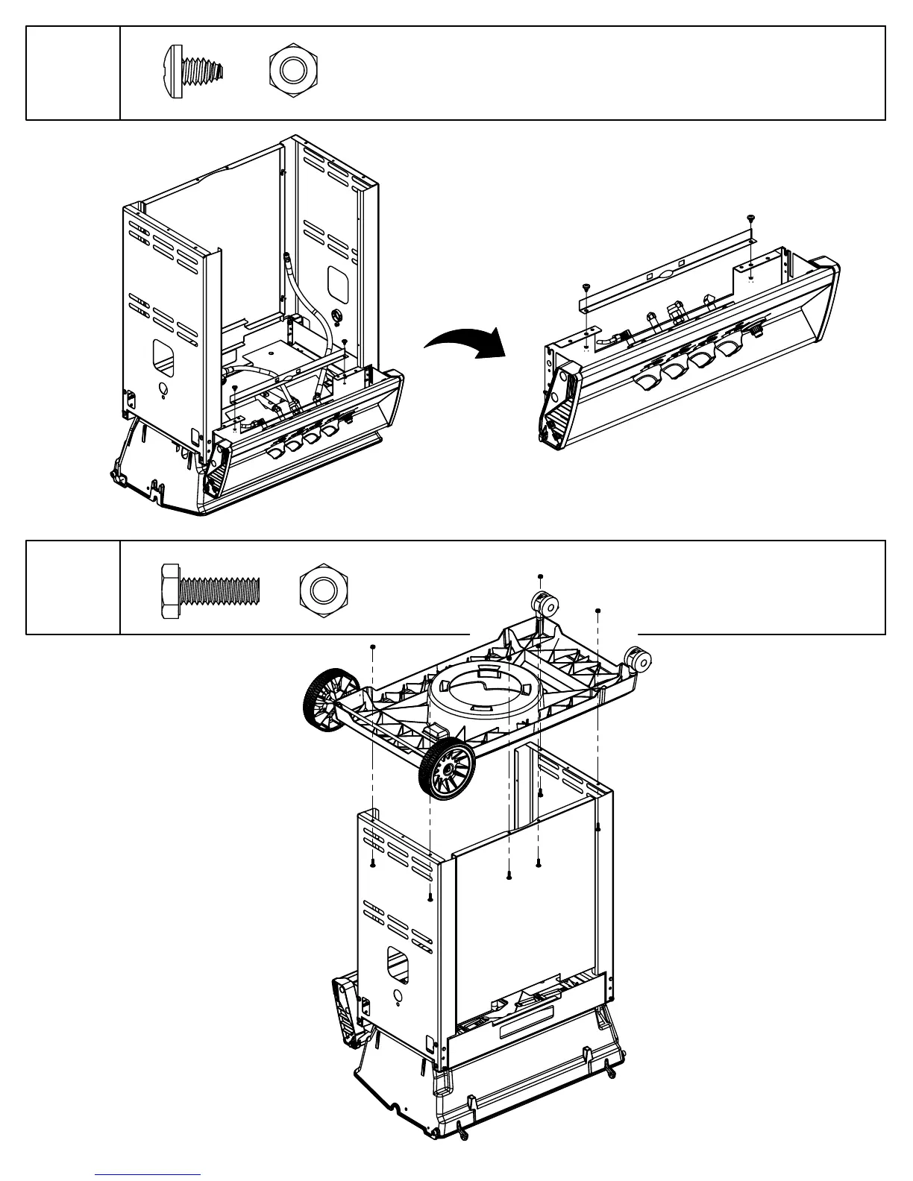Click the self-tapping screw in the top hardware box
pyautogui.click(x=192, y=72)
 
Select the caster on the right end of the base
pyautogui.click(x=640, y=659)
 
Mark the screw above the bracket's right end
pyautogui.click(x=750, y=218)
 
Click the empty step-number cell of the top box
pyautogui.click(x=73, y=72)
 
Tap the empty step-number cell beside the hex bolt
pyautogui.click(x=73, y=588)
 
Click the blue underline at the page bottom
pyautogui.click(x=148, y=1174)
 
